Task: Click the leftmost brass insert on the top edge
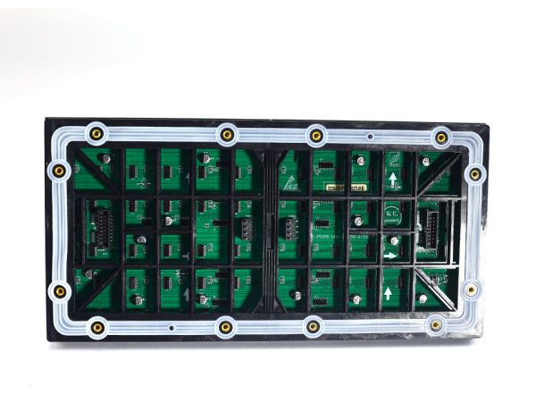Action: pos(96,134)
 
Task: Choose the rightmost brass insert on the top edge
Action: pos(441,138)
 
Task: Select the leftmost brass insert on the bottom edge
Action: pos(96,328)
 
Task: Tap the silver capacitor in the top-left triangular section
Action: pos(107,158)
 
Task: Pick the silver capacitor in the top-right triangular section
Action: pos(426,162)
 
